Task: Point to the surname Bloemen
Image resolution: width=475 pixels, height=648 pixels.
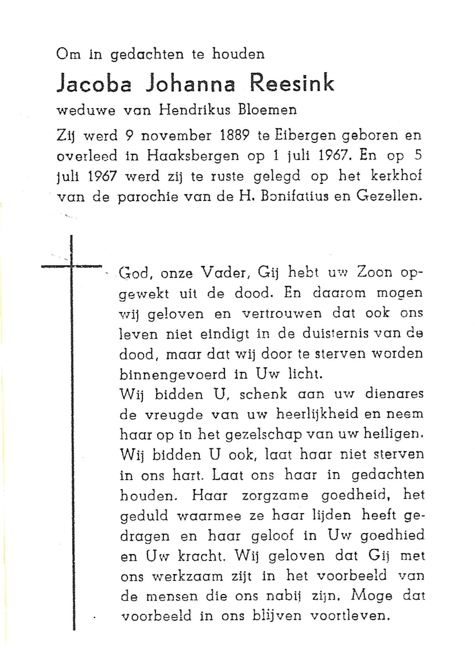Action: pyautogui.click(x=267, y=110)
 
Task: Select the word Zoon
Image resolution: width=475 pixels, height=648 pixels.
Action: pyautogui.click(x=374, y=272)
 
